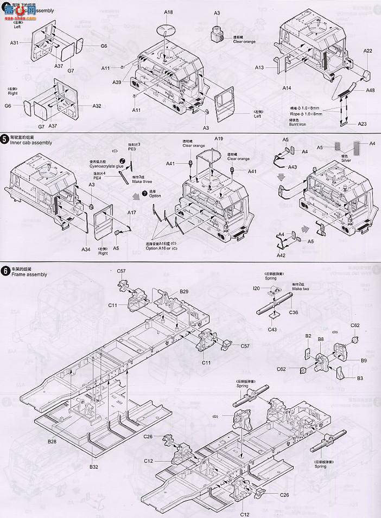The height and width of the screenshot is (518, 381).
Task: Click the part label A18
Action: coord(168,12)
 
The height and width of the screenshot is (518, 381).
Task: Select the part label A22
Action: coord(367,51)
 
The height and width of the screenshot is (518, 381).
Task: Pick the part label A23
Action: coord(362,124)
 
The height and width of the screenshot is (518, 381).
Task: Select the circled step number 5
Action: coord(4,139)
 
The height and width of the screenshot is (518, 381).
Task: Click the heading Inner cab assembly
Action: coord(31,143)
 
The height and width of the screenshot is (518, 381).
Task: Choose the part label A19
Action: coord(219,139)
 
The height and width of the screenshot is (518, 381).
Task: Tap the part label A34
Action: coord(86,249)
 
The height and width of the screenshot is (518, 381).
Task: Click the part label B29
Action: coord(184,292)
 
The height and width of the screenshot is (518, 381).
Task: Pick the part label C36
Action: coord(293,312)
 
